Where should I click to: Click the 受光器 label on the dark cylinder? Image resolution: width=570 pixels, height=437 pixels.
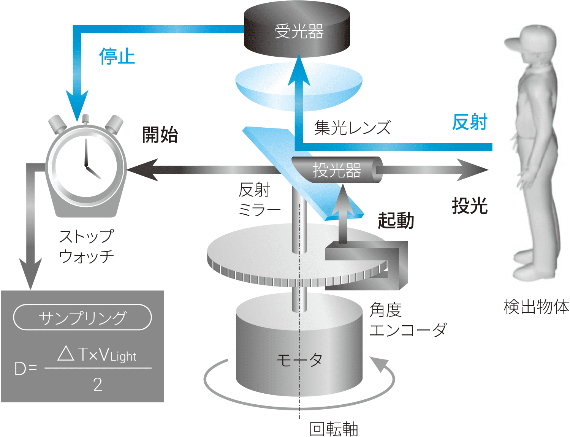(x=299, y=32)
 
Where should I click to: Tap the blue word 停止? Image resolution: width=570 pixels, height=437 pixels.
(x=117, y=56)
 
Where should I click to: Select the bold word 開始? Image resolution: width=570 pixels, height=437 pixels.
(x=160, y=135)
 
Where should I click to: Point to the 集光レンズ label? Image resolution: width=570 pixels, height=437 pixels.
(x=352, y=128)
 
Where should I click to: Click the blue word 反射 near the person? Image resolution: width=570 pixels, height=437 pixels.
(x=470, y=122)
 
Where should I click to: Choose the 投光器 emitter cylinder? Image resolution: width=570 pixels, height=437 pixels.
(x=337, y=170)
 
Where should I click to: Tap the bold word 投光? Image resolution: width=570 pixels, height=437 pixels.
(x=470, y=206)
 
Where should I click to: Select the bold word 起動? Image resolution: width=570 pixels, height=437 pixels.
(x=396, y=220)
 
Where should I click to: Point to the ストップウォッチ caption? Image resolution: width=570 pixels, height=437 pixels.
(x=87, y=246)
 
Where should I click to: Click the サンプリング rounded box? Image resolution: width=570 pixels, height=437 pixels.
(x=82, y=317)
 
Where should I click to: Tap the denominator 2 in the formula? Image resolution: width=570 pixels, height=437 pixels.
(x=98, y=385)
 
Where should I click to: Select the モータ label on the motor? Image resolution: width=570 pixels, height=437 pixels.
(x=299, y=359)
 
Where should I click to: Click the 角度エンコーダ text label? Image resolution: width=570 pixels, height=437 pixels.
(x=408, y=320)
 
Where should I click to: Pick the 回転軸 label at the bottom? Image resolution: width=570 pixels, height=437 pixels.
(x=334, y=429)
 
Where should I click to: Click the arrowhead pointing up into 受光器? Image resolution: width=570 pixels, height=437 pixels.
(x=299, y=68)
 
